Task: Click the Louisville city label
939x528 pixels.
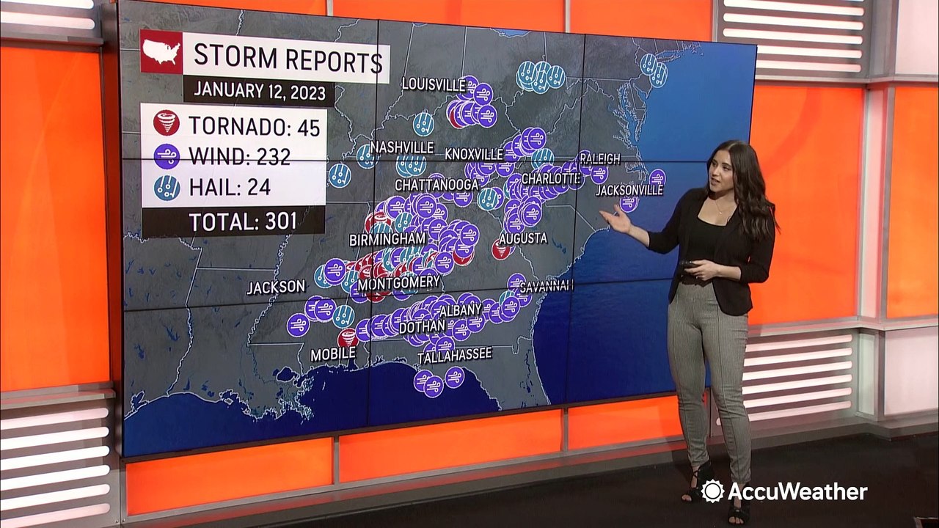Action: (x=434, y=84)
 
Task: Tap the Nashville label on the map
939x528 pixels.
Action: (x=402, y=147)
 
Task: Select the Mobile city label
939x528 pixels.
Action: (x=332, y=354)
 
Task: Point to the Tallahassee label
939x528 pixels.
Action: (x=454, y=356)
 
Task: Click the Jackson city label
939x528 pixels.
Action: (x=275, y=287)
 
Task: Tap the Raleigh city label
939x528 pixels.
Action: (x=599, y=158)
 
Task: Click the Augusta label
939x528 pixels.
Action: (x=522, y=238)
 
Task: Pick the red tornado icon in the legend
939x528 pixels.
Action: (x=167, y=124)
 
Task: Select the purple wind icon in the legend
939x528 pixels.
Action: (x=167, y=155)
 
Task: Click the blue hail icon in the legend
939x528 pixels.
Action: (x=167, y=188)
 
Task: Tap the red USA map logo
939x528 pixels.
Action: (x=161, y=51)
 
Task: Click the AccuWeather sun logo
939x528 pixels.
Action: (x=712, y=491)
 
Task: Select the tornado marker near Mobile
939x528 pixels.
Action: (x=348, y=337)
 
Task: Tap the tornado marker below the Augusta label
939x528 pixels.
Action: (x=502, y=252)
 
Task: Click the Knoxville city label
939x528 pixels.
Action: (x=474, y=154)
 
